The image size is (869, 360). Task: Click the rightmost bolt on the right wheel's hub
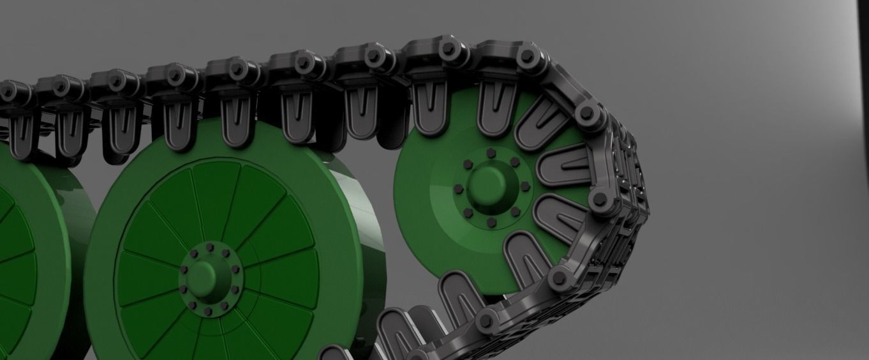(525, 186)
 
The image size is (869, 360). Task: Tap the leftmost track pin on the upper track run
(8, 91)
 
